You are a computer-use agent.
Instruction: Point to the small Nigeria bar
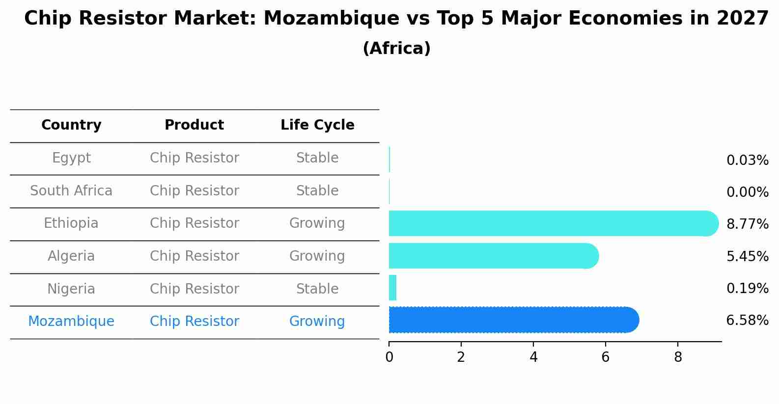[392, 288]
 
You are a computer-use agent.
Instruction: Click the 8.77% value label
[747, 224]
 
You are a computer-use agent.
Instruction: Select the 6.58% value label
[747, 321]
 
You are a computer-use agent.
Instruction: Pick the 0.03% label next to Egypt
[747, 161]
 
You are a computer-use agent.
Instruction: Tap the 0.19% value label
[747, 288]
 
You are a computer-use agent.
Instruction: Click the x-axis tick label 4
[533, 357]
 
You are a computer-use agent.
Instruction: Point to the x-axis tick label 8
[678, 357]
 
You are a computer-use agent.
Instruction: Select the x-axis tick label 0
[389, 357]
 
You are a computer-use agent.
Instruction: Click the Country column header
[71, 125]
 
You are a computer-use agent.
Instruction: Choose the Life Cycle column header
[317, 125]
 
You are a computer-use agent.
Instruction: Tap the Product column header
[194, 125]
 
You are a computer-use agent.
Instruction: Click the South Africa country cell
[71, 190]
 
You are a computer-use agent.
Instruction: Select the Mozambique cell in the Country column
[71, 322]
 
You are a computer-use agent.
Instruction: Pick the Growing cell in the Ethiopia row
[317, 223]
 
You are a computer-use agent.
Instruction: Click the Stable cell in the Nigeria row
[317, 289]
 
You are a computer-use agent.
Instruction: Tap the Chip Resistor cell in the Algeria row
[194, 256]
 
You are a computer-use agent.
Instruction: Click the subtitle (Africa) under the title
[396, 49]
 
